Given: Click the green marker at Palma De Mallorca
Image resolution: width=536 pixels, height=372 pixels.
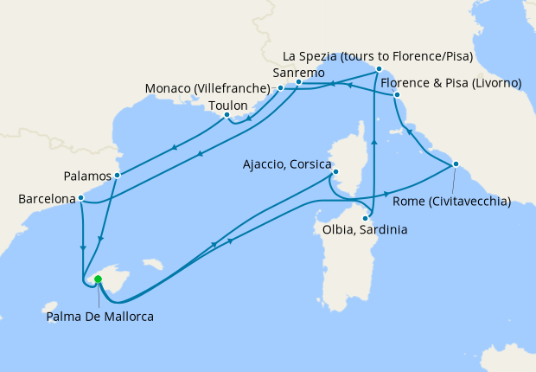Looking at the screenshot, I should pos(98,279).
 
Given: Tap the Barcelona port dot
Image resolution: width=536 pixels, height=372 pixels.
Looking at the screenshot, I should pos(80,198).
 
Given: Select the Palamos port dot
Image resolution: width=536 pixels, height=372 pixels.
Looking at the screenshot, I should pos(117,175).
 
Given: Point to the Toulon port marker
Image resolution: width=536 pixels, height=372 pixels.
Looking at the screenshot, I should pos(227,114).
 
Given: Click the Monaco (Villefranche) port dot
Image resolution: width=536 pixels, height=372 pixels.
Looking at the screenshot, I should pos(280,88).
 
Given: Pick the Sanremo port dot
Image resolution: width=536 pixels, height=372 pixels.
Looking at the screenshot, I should pos(299,82).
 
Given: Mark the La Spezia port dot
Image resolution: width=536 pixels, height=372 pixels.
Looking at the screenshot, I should pos(378,68).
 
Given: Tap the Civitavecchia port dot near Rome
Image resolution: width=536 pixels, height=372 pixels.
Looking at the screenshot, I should pos(456,164).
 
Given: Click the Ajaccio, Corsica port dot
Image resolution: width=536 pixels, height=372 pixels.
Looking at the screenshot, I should pos(335,174).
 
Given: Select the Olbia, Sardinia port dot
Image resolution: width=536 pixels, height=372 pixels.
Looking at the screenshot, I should pos(366,218).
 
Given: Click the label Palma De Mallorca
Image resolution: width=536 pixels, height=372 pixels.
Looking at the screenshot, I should pos(100,317).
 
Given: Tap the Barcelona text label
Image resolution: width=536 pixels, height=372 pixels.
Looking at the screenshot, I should pos(47,199).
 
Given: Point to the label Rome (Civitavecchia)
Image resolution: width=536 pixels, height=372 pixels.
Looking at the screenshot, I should pos(452,202).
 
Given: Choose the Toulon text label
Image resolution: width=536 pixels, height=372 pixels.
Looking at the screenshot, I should pos(228,106).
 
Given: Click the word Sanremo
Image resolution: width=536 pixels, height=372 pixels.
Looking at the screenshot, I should pos(298,73).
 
